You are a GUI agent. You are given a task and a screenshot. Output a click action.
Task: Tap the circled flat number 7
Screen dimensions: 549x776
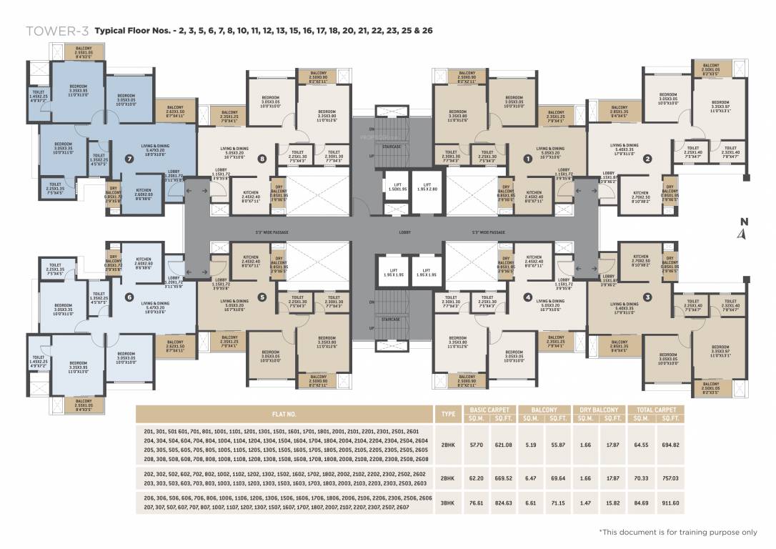point(129,158)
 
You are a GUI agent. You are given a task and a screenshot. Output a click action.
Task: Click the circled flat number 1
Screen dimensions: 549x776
point(528,159)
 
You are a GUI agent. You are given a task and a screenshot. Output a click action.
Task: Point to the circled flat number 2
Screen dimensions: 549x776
point(647,159)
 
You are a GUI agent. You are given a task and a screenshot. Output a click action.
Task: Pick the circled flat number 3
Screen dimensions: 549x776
point(647,297)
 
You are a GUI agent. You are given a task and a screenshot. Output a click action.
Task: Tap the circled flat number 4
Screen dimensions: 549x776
point(528,297)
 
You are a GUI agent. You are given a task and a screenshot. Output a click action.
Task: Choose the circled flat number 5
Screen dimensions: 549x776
point(262,297)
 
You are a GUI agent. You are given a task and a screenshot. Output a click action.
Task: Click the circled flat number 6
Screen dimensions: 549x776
point(129,297)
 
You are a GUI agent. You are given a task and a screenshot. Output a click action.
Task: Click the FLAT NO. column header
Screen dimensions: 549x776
point(284,414)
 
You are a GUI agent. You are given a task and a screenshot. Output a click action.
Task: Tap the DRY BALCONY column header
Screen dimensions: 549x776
point(599,410)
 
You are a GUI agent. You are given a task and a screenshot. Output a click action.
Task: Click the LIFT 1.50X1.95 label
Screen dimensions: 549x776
point(397,186)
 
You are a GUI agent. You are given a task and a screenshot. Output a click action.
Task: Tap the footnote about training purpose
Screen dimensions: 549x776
point(677,532)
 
